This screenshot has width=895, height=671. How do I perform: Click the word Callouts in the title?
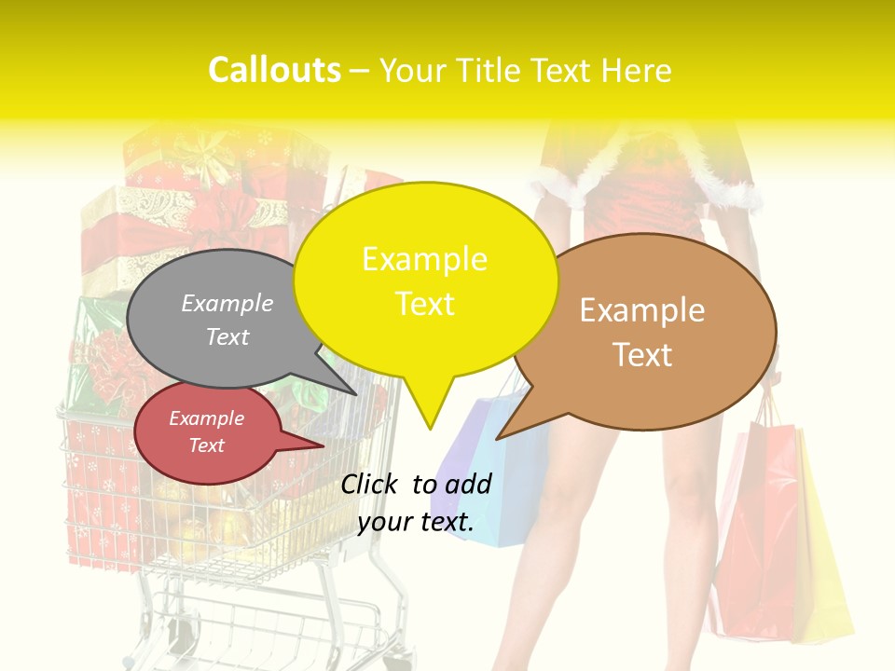(x=274, y=70)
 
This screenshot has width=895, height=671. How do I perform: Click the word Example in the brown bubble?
(x=642, y=310)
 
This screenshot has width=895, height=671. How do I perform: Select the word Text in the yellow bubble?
(x=425, y=304)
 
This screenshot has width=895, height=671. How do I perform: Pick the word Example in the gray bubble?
(x=227, y=303)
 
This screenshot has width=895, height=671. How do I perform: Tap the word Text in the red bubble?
(x=207, y=445)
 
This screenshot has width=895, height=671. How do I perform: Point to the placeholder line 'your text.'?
(x=416, y=522)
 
